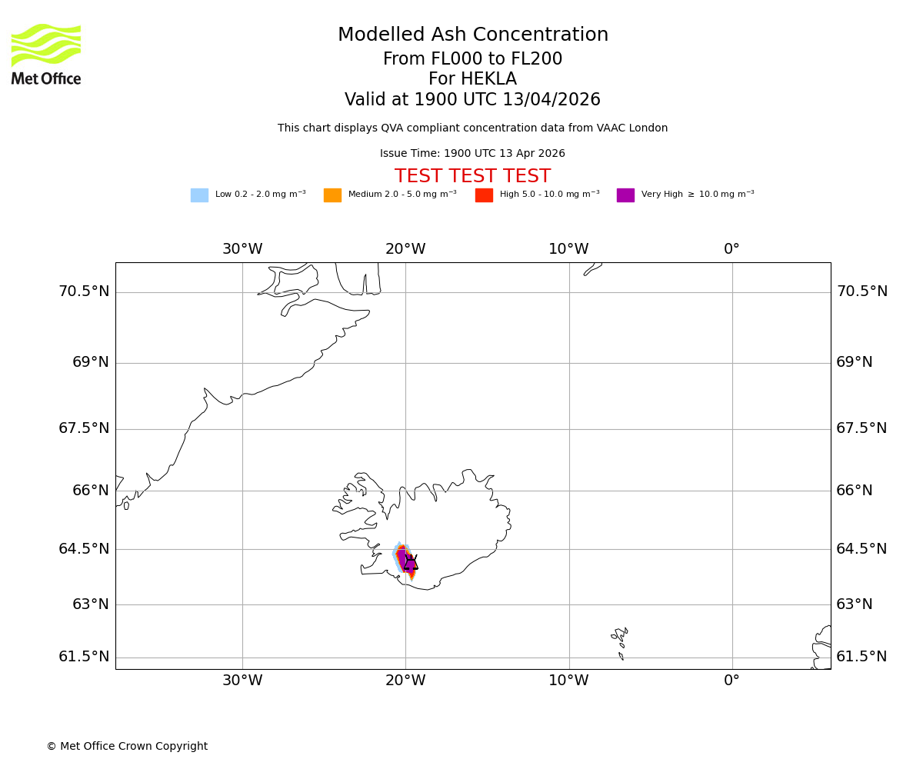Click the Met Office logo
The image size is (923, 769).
click(x=46, y=54)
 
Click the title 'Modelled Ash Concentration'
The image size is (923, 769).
click(x=473, y=35)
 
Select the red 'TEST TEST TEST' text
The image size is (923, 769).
click(x=472, y=176)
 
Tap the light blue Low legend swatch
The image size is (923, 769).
click(x=199, y=195)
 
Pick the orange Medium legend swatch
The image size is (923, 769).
click(x=332, y=195)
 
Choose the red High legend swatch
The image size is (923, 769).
click(x=484, y=195)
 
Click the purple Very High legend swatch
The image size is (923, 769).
click(x=625, y=195)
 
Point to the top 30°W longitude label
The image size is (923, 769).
click(x=242, y=249)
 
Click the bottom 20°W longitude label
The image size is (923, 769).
click(x=405, y=681)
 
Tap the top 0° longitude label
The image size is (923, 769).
click(x=731, y=249)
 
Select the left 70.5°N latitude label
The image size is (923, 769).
click(x=84, y=291)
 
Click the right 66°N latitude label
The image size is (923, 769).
click(x=855, y=491)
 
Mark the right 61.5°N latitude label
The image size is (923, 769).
click(x=861, y=657)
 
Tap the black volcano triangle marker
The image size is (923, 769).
click(x=411, y=563)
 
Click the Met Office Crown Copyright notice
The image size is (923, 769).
click(x=127, y=747)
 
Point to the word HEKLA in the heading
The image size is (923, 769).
click(x=488, y=79)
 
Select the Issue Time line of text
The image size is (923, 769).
click(x=472, y=154)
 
